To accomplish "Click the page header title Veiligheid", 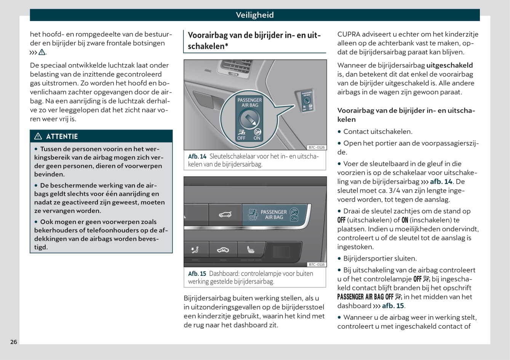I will click(x=254, y=15).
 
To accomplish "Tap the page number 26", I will click(x=14, y=342).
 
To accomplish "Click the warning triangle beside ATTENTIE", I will click(x=38, y=136).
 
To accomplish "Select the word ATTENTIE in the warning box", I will click(x=62, y=136).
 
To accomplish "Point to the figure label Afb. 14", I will click(x=197, y=156).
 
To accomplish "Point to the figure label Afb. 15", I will click(x=197, y=274).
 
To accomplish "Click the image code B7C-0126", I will click(x=317, y=147).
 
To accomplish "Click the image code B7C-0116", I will click(x=317, y=264).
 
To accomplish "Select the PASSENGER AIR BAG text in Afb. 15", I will click(x=273, y=214).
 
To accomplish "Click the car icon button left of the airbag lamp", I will click(x=225, y=215).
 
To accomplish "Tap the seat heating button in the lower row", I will click(x=251, y=250).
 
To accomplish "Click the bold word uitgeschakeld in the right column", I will click(x=449, y=65).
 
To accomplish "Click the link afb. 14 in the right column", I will click(x=441, y=182).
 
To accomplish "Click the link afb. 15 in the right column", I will click(x=393, y=306).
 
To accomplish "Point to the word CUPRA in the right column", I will click(x=349, y=34).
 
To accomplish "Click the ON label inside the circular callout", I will click(x=257, y=138).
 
